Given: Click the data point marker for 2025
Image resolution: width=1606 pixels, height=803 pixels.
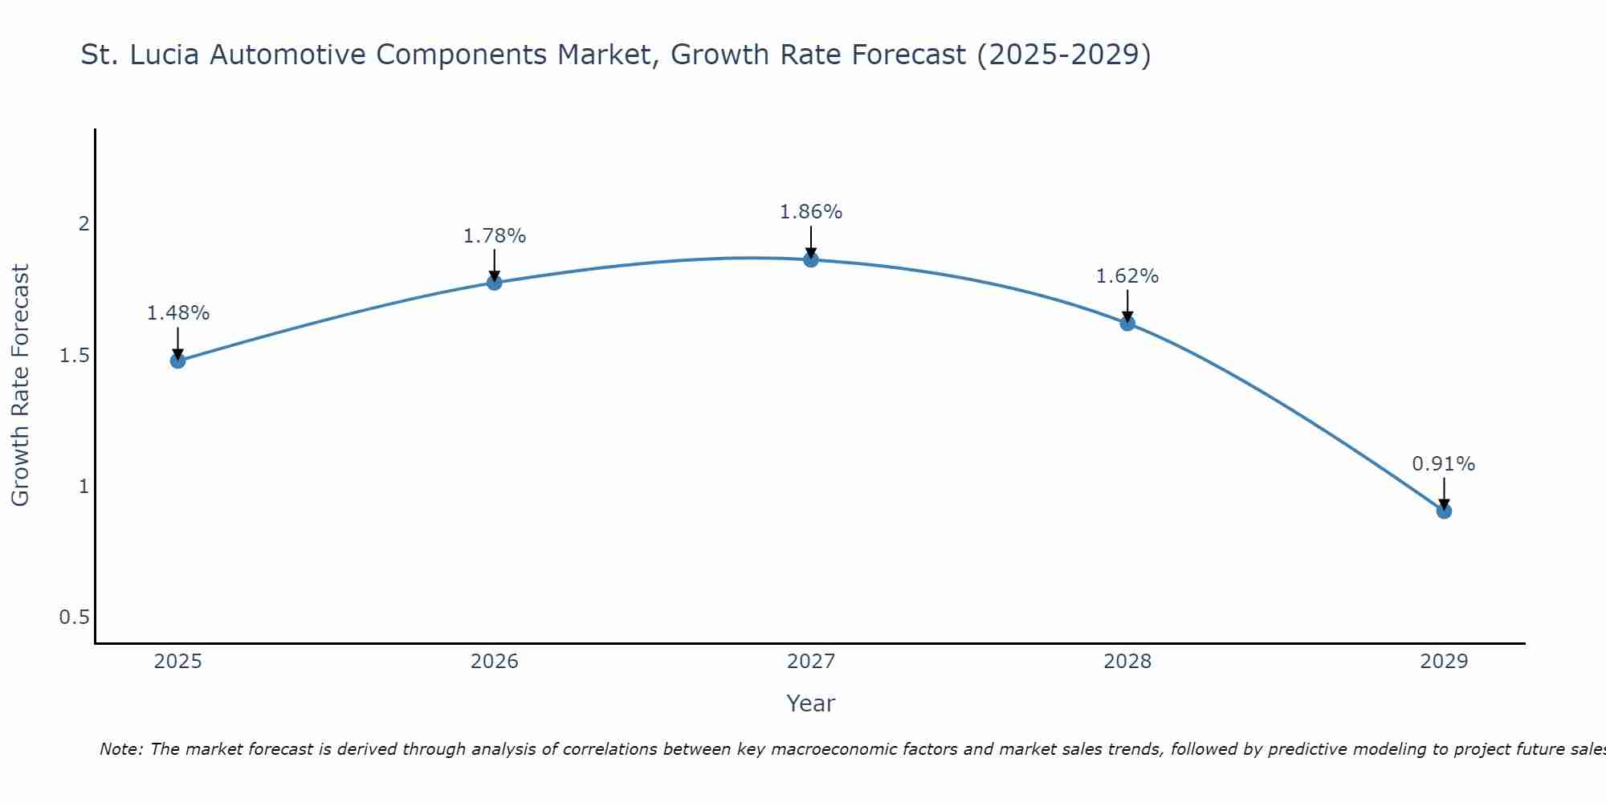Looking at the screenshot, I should [x=177, y=361].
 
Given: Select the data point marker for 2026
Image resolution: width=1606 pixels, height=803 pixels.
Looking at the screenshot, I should [x=494, y=283].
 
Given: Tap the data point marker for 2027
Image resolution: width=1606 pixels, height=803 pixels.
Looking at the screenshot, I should [x=810, y=259].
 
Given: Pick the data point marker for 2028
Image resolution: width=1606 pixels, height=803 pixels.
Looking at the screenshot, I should [x=1127, y=324].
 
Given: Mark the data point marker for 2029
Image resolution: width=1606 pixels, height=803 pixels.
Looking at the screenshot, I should [x=1443, y=511].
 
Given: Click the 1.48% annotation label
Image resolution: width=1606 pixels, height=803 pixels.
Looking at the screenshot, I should [x=177, y=313].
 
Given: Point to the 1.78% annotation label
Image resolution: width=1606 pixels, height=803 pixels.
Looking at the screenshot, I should [x=494, y=236].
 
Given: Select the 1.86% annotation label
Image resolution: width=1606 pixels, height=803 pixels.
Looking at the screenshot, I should [x=810, y=212].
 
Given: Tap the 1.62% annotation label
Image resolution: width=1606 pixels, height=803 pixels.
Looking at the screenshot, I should [x=1127, y=276].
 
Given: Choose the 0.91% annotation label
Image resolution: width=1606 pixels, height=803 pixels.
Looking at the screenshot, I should [x=1443, y=464].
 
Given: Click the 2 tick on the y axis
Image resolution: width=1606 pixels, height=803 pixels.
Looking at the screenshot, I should [x=83, y=224].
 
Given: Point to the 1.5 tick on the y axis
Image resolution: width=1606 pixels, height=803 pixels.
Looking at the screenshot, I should [x=74, y=355].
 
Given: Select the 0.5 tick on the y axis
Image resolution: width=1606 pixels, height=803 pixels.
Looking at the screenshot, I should [x=74, y=618].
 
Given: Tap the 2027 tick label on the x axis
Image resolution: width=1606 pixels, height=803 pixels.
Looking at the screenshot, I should [x=810, y=662].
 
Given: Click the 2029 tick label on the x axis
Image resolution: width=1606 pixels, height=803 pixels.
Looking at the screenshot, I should [x=1443, y=662].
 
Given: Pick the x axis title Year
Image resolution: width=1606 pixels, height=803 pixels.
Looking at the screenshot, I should [x=810, y=703].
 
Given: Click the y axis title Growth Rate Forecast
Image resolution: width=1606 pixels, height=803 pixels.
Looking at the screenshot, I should [x=20, y=385].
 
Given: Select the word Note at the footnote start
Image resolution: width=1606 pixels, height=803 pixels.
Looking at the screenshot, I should [x=120, y=749].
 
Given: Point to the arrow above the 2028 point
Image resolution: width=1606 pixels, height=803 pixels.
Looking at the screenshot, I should [x=1127, y=305].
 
